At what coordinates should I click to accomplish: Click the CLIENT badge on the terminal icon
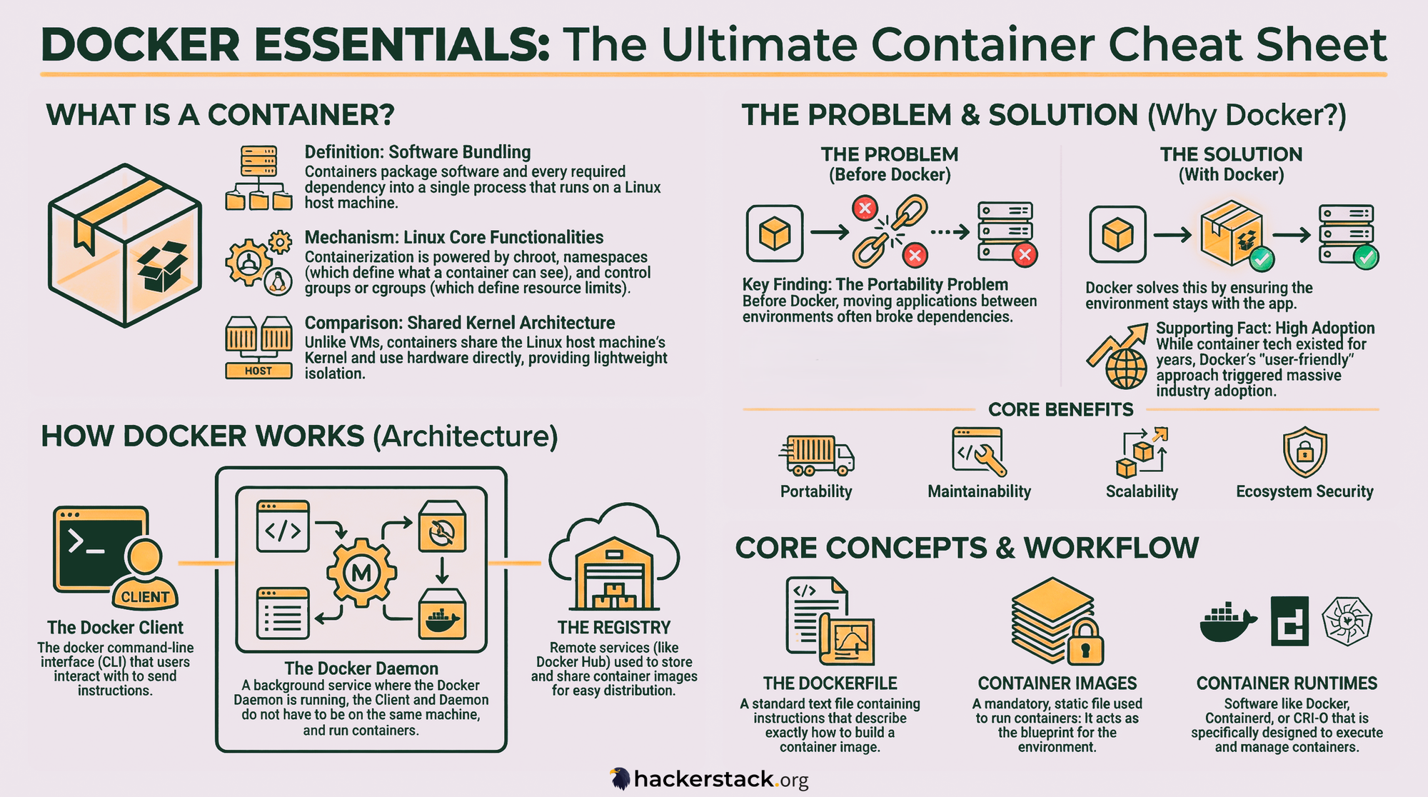pos(145,597)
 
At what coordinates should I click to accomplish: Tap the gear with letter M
pos(361,573)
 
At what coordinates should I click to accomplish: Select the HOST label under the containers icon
pos(258,371)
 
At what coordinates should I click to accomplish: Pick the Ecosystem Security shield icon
pos(1304,452)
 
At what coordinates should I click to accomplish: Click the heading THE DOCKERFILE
pos(830,683)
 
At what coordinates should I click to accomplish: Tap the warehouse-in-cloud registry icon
pos(614,561)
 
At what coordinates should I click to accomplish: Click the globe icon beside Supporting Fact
pos(1126,368)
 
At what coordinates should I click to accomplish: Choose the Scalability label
pos(1142,491)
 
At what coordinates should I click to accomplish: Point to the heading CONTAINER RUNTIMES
pos(1287,683)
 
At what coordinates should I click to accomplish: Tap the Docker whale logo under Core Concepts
pos(1227,621)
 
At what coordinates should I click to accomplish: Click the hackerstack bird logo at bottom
pos(620,778)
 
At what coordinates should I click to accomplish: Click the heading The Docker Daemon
pos(361,668)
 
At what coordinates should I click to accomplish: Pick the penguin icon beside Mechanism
pos(278,283)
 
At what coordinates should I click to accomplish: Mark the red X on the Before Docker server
pos(1025,254)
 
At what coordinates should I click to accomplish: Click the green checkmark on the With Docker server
pos(1366,257)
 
